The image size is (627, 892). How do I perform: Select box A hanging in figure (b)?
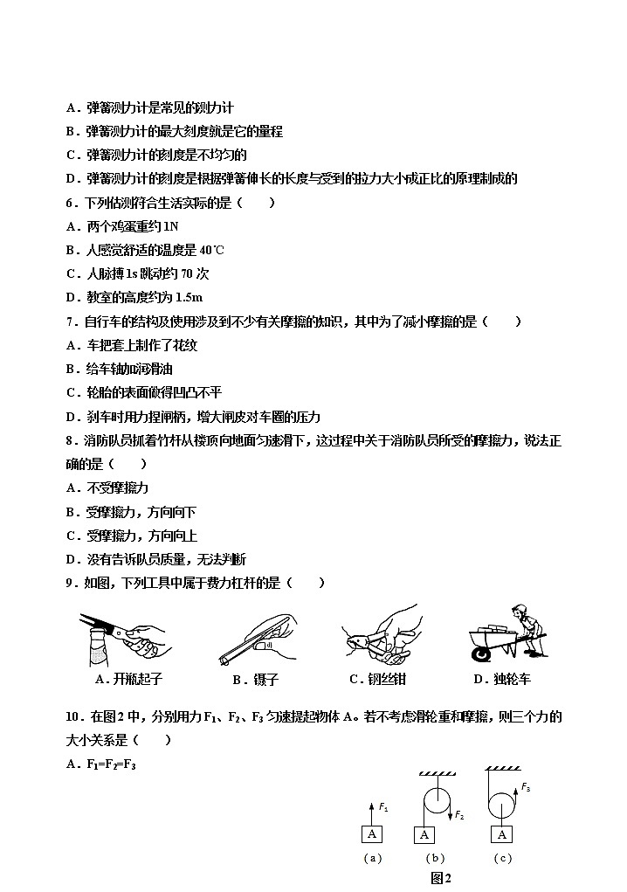pos(424,834)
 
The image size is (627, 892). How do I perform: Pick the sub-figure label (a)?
pos(373,858)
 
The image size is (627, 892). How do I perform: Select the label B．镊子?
pos(255,680)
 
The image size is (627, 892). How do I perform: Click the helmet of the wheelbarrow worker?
pos(521,609)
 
